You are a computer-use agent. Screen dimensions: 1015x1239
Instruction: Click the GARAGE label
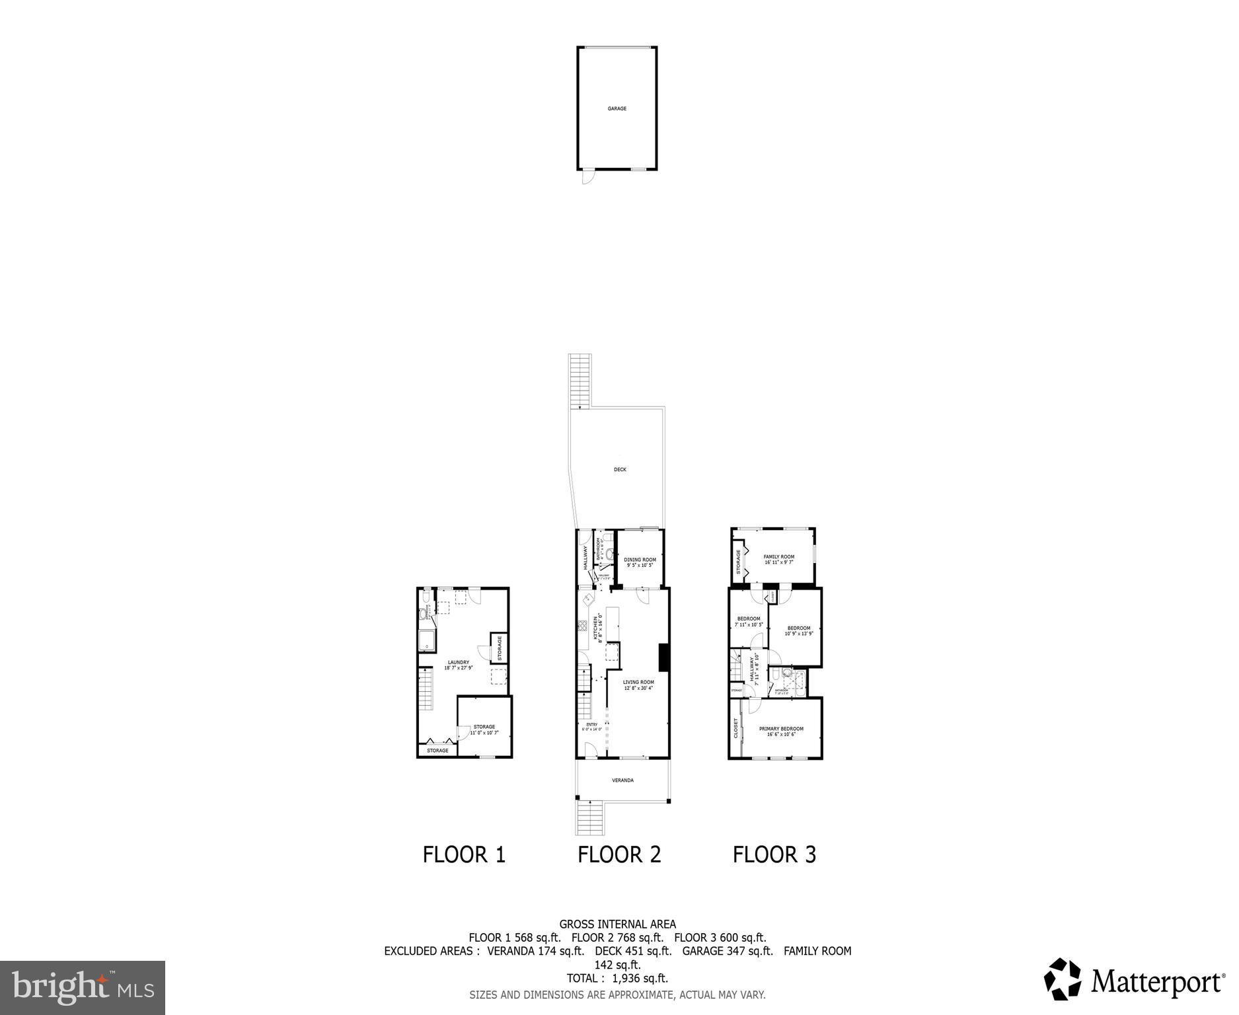coord(617,108)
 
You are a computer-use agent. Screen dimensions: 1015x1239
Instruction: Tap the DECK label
coord(619,470)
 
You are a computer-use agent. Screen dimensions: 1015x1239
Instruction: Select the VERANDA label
coord(622,780)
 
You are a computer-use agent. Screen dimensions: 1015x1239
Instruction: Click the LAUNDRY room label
coord(458,663)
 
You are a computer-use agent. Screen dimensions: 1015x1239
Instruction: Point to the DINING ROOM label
coord(640,560)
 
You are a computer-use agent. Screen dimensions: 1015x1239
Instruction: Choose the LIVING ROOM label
coord(638,683)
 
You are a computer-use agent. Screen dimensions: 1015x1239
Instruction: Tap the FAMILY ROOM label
coord(778,557)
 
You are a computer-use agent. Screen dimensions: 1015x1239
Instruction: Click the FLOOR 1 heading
coord(464,855)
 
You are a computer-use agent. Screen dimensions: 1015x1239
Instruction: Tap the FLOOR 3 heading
coord(774,855)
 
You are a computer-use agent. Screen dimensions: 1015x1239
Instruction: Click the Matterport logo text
coord(1156,981)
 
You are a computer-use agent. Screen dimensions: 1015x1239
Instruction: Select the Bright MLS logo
coord(83,987)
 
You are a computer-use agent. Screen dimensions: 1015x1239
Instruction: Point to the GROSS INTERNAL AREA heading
coord(617,924)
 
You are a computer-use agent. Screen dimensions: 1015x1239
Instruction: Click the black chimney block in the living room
coord(663,658)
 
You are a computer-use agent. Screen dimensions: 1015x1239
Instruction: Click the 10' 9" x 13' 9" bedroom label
coord(798,628)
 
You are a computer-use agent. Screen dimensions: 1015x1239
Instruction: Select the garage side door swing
coord(587,176)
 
